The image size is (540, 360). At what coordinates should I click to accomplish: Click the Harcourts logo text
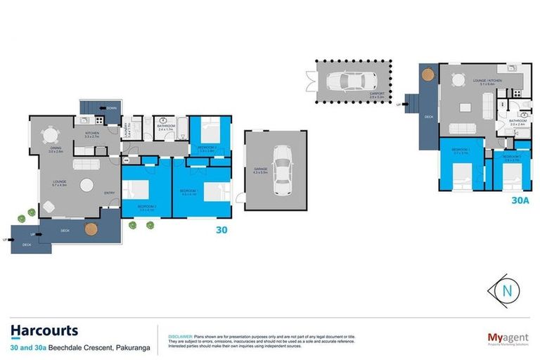click(x=44, y=330)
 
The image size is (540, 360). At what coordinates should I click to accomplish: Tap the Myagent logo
click(x=507, y=338)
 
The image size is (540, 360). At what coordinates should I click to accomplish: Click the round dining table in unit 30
click(x=51, y=134)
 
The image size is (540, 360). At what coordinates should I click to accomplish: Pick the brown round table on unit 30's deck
click(x=91, y=229)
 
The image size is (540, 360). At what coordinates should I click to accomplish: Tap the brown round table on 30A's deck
click(x=427, y=72)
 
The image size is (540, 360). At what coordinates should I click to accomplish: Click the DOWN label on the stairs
click(x=112, y=108)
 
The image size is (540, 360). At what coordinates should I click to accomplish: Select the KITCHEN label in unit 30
click(x=93, y=133)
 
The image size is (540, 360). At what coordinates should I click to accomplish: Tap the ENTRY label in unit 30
click(x=109, y=193)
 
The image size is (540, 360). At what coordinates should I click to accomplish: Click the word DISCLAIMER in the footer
click(x=179, y=336)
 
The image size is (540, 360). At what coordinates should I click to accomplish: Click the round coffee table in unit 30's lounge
click(x=87, y=186)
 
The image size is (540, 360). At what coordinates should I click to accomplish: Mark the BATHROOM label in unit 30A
click(x=518, y=121)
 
